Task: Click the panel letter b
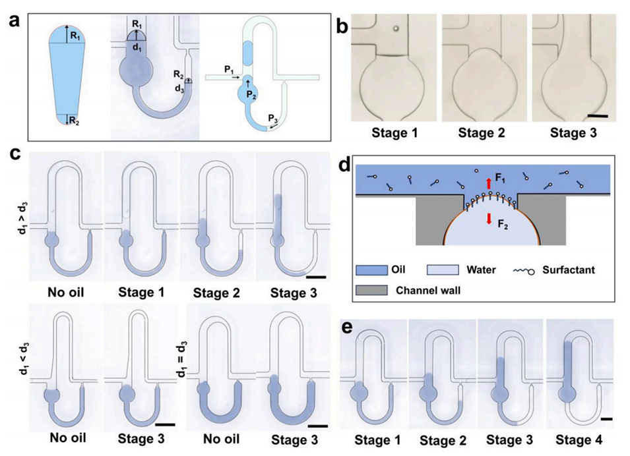coord(342,27)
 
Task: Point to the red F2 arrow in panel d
coord(489,218)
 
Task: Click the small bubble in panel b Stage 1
coord(394,28)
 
